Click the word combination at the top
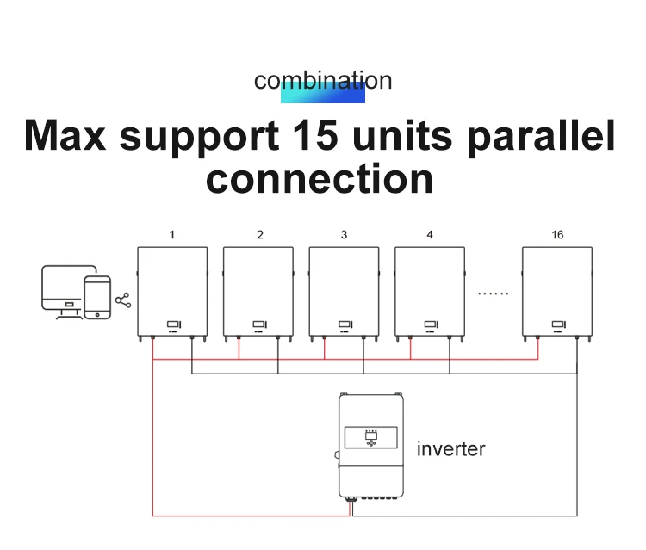pos(323,81)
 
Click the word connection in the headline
pos(320,178)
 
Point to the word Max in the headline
pos(66,136)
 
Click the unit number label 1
pos(172,235)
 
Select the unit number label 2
pos(260,235)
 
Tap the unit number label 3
pos(344,235)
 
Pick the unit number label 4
pos(430,235)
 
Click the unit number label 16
pos(557,235)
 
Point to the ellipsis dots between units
pos(494,294)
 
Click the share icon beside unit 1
pos(123,300)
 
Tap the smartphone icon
pos(97,297)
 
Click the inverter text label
pos(450,449)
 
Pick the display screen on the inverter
pos(371,438)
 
